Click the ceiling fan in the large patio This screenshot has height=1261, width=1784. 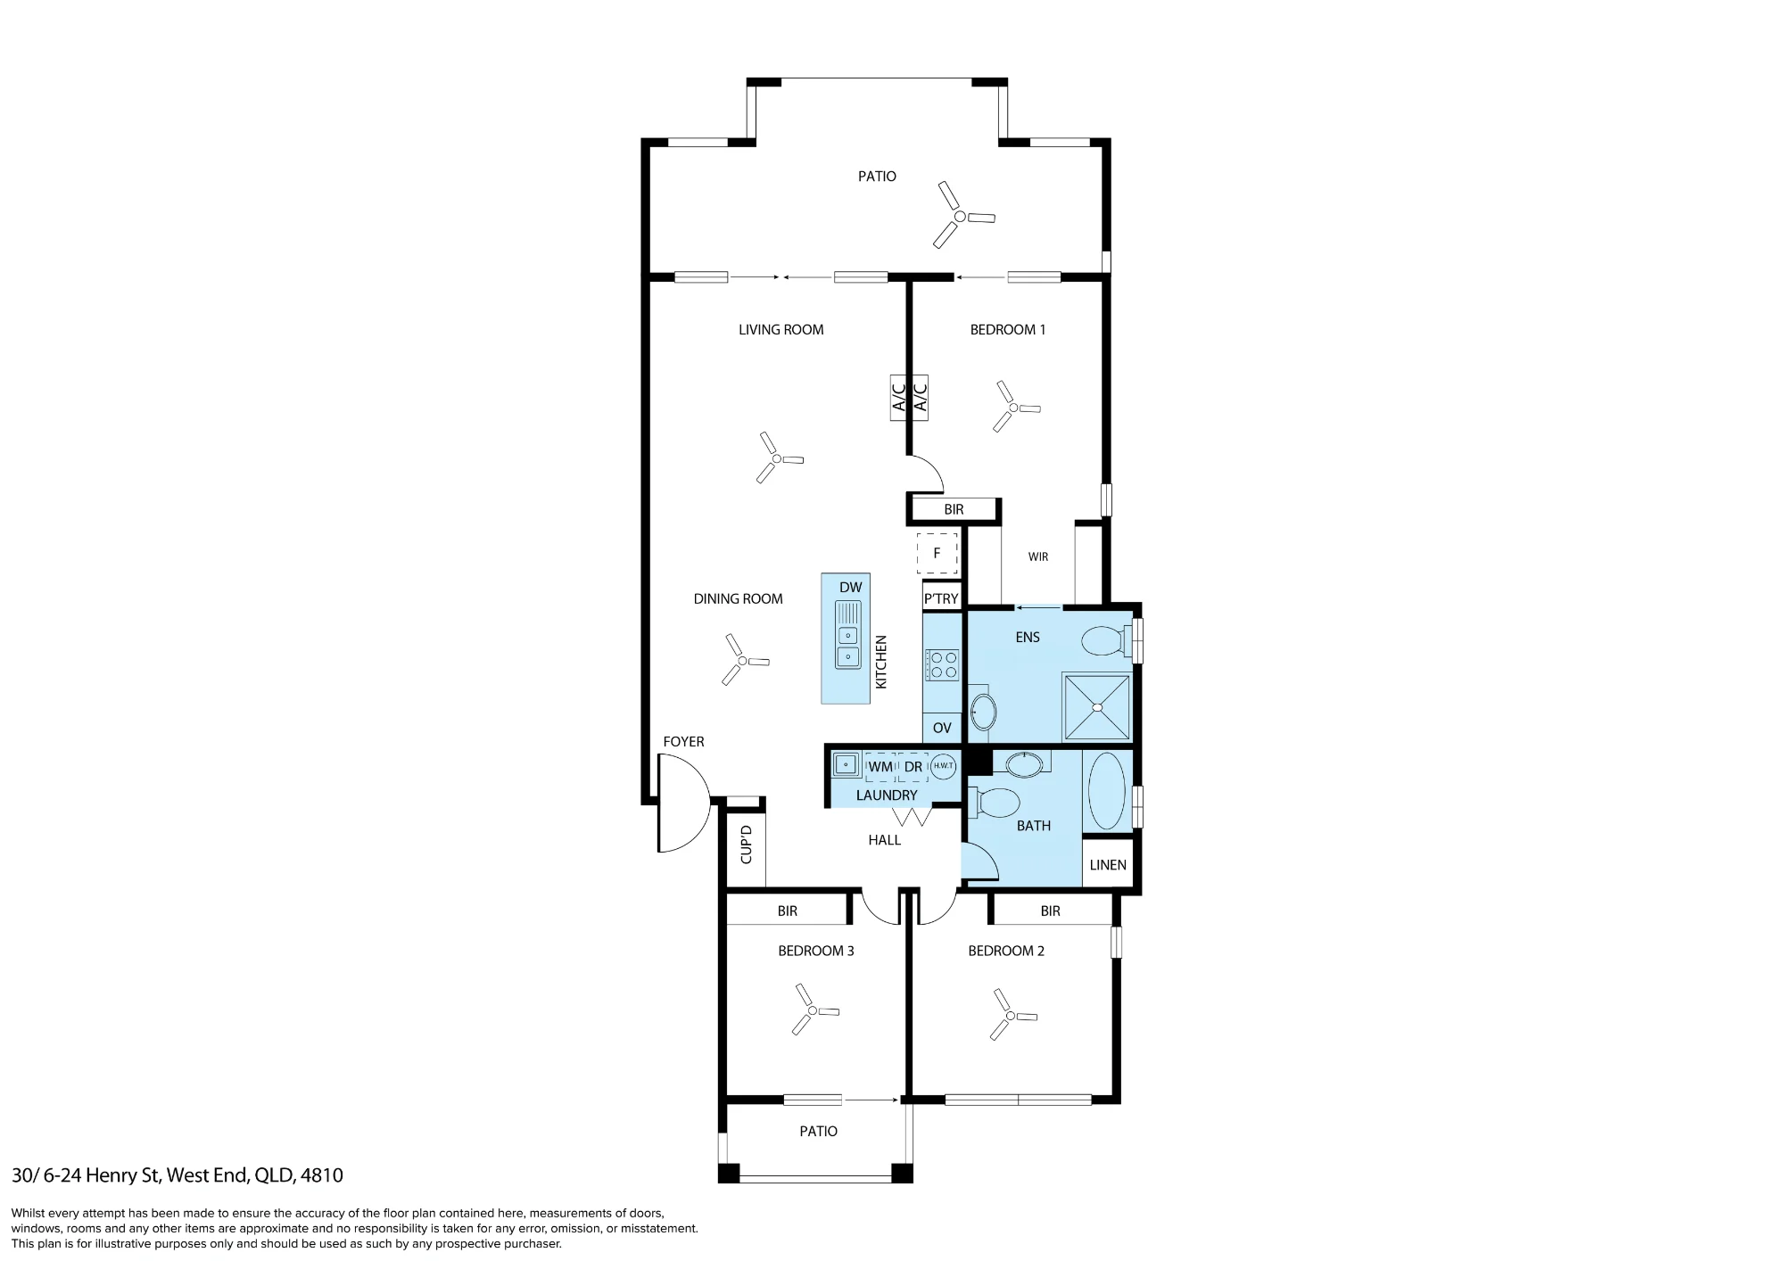point(960,216)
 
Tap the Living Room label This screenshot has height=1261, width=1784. point(780,330)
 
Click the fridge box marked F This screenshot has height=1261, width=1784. point(937,553)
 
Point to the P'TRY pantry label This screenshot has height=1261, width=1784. point(941,599)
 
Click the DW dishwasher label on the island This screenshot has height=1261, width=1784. point(850,588)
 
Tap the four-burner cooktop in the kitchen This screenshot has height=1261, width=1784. point(942,665)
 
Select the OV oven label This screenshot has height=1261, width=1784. point(942,728)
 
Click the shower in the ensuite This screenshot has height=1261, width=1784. point(1097,707)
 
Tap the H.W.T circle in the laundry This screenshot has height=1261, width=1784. point(944,766)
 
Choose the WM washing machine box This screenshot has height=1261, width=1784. point(880,767)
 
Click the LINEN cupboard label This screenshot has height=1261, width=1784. point(1108,865)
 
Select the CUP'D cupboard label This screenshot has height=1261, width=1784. point(747,845)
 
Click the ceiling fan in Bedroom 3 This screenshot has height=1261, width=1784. point(812,1010)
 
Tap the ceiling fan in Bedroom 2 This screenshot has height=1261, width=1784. point(1010,1015)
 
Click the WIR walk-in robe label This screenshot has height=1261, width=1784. point(1038,557)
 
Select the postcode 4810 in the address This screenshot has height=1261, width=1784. point(322,1175)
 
